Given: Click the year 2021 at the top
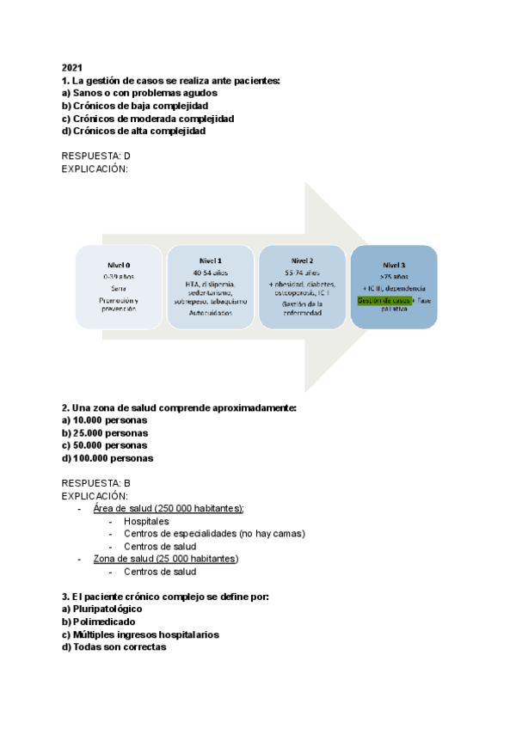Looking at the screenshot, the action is point(71,67).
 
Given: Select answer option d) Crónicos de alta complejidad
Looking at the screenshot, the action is point(134,132).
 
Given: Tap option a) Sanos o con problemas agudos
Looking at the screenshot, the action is point(139,93).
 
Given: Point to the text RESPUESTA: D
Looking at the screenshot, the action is point(96,156).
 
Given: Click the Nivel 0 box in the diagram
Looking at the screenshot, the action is point(119,286).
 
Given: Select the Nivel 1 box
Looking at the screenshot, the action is point(210,286).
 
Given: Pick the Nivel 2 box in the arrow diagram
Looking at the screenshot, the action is point(302,286).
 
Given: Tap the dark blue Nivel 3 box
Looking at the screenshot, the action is point(394,286).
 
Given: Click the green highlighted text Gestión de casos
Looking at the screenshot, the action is point(383,301).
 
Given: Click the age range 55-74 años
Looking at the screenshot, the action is point(302,273).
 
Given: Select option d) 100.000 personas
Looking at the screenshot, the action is point(107,458).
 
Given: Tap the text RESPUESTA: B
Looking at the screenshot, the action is point(96,483).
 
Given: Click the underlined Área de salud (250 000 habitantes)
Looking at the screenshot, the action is point(169,508).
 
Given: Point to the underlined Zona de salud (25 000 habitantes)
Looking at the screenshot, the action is point(165,559).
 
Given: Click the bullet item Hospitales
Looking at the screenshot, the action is point(146,521).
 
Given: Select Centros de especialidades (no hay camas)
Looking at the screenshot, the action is point(213,534).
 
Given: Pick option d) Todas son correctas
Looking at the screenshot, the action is point(114,647).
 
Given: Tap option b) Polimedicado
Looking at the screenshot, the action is point(98,622).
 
